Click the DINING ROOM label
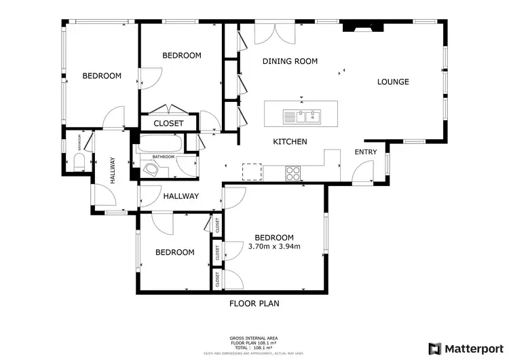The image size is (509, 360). (x=290, y=61)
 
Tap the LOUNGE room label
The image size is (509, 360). (x=393, y=82)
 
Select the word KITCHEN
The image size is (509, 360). (x=290, y=142)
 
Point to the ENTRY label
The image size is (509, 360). (x=365, y=152)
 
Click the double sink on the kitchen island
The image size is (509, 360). (x=303, y=116)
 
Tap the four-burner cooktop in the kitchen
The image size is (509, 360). (x=294, y=173)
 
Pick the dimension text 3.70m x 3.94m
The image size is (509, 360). (x=274, y=246)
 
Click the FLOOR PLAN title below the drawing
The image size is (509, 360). (x=254, y=304)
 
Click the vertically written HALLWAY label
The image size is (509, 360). (x=112, y=172)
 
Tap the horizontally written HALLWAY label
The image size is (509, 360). (x=181, y=196)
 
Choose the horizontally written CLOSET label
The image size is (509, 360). (x=168, y=124)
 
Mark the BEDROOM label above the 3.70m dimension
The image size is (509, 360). (x=274, y=237)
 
